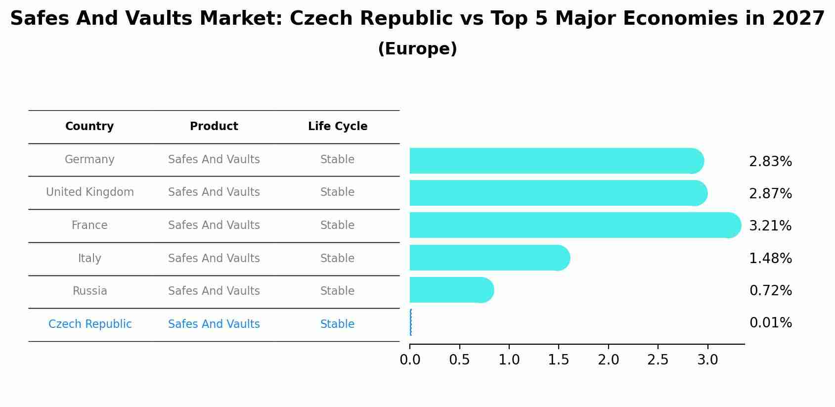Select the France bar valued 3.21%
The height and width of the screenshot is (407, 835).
pyautogui.click(x=573, y=225)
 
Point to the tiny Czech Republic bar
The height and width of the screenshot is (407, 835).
pyautogui.click(x=411, y=322)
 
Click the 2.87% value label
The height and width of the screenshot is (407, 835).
pyautogui.click(x=770, y=193)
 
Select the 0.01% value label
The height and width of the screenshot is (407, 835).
pyautogui.click(x=770, y=323)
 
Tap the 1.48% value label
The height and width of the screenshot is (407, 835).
pyautogui.click(x=770, y=258)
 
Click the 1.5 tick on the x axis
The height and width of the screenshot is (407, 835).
pyautogui.click(x=558, y=360)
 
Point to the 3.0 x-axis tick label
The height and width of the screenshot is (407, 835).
pyautogui.click(x=707, y=360)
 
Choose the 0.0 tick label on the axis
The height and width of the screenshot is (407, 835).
pyautogui.click(x=410, y=360)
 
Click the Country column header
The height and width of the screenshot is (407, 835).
pyautogui.click(x=89, y=127)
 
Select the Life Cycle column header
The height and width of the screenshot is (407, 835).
pyautogui.click(x=338, y=127)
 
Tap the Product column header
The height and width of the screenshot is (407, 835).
pyautogui.click(x=214, y=127)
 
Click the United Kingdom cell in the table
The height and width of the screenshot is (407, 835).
pyautogui.click(x=89, y=192)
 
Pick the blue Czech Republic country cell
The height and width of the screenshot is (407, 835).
pyautogui.click(x=90, y=324)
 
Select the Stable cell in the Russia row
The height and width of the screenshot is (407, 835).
pyautogui.click(x=337, y=291)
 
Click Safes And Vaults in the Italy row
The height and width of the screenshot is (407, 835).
pyautogui.click(x=214, y=258)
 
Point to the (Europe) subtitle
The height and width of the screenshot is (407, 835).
pyautogui.click(x=417, y=49)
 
